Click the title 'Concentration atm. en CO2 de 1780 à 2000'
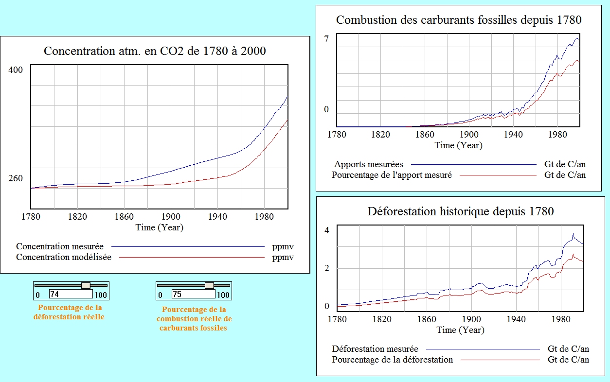point(155,51)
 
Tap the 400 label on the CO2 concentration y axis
point(16,70)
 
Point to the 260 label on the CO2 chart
point(16,178)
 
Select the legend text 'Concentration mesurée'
point(60,246)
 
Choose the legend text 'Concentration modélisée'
point(64,257)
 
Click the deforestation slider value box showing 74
point(71,294)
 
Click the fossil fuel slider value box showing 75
point(193,294)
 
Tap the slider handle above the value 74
point(86,285)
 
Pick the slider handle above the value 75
point(209,285)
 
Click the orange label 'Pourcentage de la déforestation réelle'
point(70,312)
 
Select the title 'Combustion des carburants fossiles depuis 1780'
point(459,20)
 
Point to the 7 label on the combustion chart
point(327,39)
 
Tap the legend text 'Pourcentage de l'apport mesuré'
point(392,175)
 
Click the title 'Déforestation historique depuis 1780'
point(461,211)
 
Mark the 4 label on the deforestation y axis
point(327,230)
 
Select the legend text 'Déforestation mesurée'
point(375,348)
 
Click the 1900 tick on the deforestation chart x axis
point(471,319)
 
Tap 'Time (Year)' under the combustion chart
point(459,145)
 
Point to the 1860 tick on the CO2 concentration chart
point(124,217)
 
